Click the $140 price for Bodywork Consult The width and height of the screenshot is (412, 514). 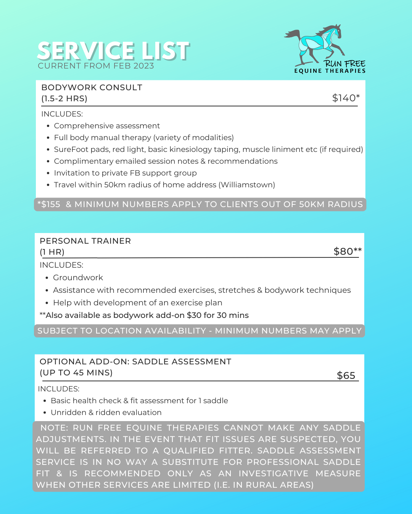point(346,98)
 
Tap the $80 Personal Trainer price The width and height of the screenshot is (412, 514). point(347,251)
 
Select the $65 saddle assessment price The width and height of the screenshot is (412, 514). point(346,375)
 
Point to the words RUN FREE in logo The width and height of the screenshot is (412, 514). point(344,64)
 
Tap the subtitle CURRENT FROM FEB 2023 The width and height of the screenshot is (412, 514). point(96,66)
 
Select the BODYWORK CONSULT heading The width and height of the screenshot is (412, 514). point(92,88)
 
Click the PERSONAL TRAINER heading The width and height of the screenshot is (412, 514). point(85,241)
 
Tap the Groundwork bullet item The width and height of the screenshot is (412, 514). point(78,278)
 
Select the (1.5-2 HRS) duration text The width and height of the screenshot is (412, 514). point(64,99)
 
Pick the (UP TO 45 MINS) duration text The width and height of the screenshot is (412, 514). point(76,373)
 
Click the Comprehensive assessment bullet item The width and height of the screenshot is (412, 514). point(107,126)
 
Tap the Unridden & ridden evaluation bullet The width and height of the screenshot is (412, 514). point(106,412)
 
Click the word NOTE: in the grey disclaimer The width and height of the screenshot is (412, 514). point(54,428)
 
